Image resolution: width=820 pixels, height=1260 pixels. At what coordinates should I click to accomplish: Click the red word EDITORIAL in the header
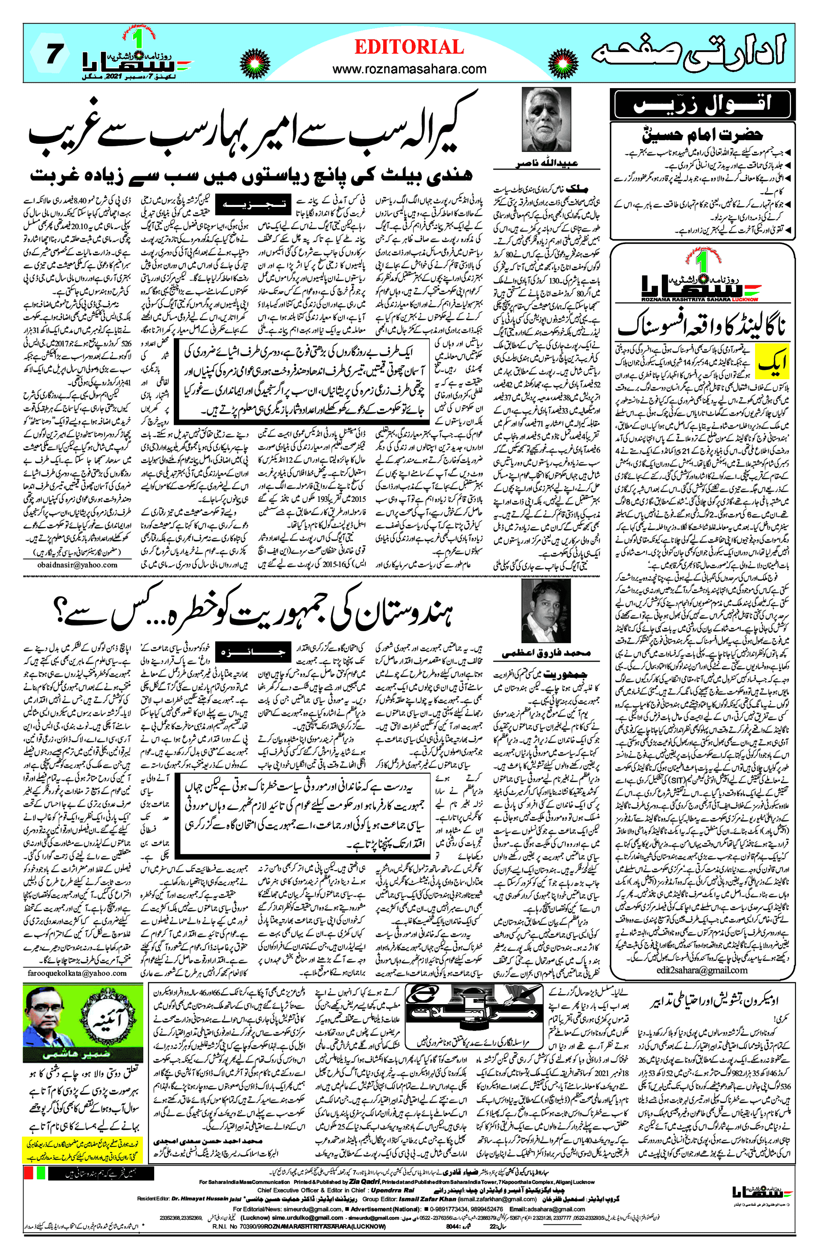pyautogui.click(x=409, y=47)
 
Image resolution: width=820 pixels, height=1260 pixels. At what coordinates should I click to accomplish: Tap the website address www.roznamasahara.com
pyautogui.click(x=409, y=69)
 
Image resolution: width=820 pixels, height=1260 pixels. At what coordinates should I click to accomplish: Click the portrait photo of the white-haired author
pyautogui.click(x=546, y=120)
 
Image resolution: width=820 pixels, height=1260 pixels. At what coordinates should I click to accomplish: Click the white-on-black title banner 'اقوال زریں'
pyautogui.click(x=702, y=104)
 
